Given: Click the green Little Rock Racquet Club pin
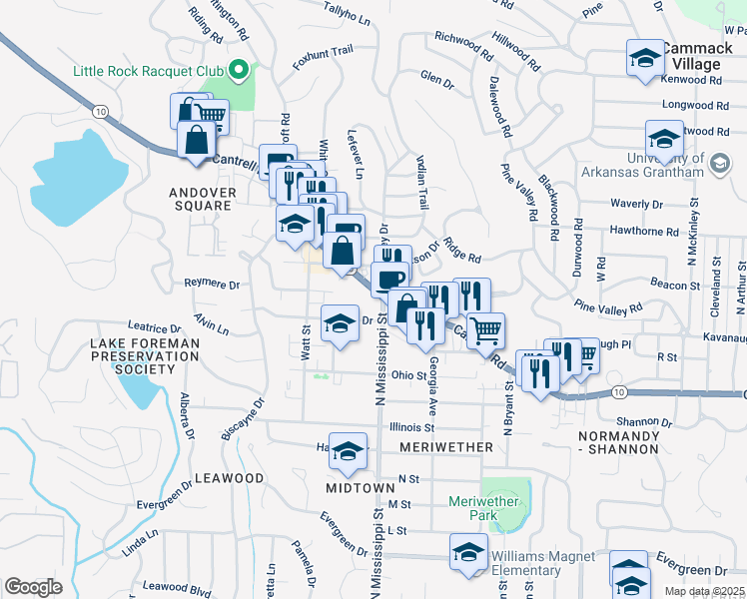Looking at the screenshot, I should click(x=239, y=71).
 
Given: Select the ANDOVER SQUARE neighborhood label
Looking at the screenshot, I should click(x=203, y=199).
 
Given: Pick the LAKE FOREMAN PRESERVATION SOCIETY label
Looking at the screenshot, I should click(x=145, y=355).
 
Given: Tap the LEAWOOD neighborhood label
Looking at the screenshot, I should click(x=229, y=478).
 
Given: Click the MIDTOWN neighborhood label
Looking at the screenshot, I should click(x=361, y=487).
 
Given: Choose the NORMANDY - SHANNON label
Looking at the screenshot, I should click(x=618, y=442).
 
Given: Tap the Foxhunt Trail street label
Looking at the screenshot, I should click(x=323, y=51).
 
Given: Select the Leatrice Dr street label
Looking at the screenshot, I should click(x=156, y=326).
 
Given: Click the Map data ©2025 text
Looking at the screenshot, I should click(x=703, y=591).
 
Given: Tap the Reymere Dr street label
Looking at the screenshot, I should click(x=212, y=285).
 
